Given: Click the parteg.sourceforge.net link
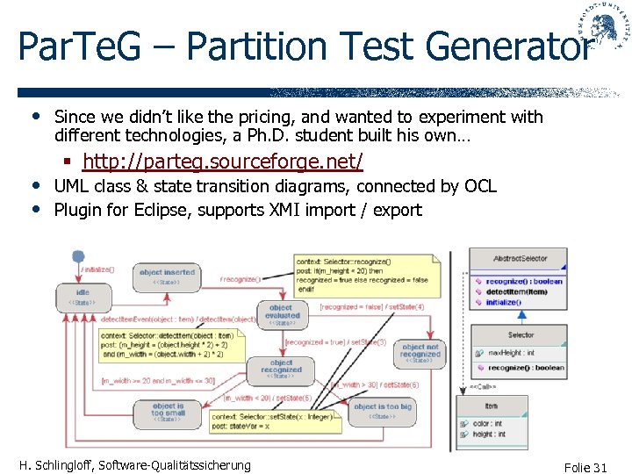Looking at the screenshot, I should pyautogui.click(x=222, y=162).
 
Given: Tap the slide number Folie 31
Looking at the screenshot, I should pyautogui.click(x=586, y=467).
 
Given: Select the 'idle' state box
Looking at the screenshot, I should pyautogui.click(x=83, y=296).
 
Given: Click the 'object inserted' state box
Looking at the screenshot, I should pyautogui.click(x=167, y=276).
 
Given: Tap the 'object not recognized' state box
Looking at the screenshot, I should pyautogui.click(x=419, y=352).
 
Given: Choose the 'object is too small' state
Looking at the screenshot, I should pyautogui.click(x=168, y=411).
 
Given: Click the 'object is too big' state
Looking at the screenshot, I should pyautogui.click(x=382, y=410).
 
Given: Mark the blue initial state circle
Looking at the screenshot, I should pyautogui.click(x=78, y=257).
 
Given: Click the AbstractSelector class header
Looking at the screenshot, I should pyautogui.click(x=520, y=258).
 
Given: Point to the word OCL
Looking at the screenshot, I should pyautogui.click(x=478, y=186).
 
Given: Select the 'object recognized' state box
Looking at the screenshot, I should pyautogui.click(x=281, y=368).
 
